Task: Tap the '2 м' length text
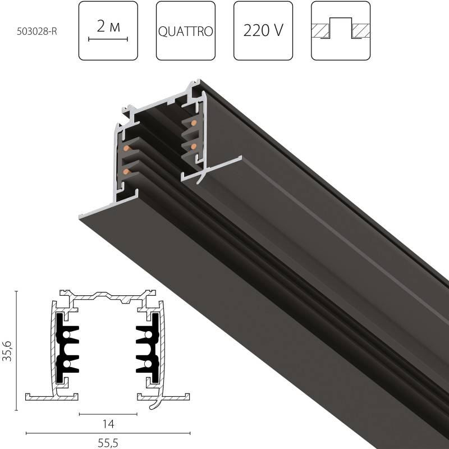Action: point(108,26)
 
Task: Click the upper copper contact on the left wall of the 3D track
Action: point(126,148)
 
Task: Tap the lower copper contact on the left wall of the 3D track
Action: point(126,170)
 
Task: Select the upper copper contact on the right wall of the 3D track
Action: point(194,123)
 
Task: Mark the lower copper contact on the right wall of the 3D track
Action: point(194,146)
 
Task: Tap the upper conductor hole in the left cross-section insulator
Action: point(67,335)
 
